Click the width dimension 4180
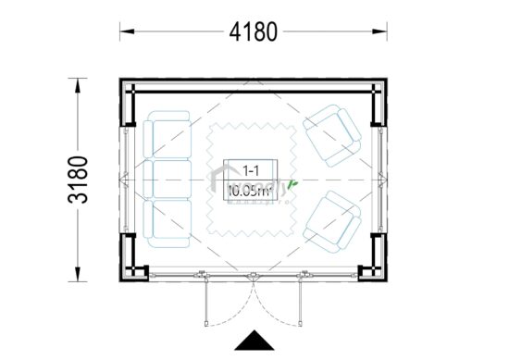pyautogui.click(x=252, y=31)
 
